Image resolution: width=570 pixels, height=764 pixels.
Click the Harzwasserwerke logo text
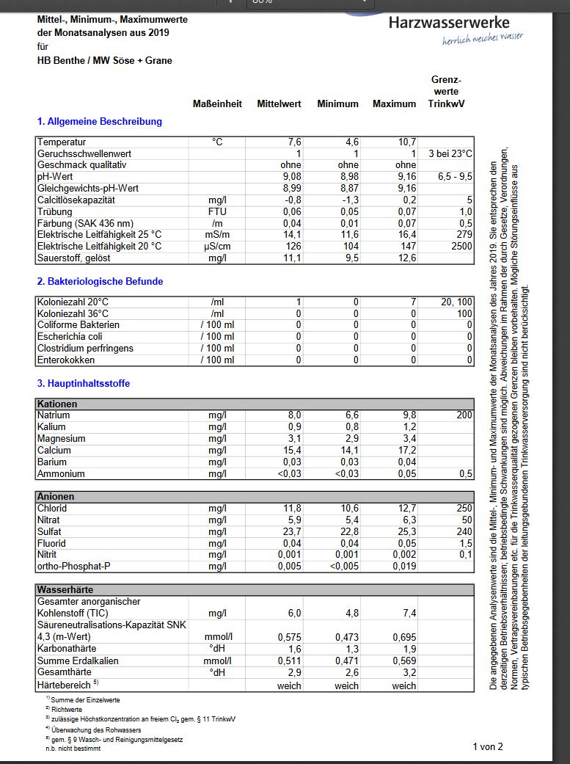point(458,23)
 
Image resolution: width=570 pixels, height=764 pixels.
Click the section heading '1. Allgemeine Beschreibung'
point(99,121)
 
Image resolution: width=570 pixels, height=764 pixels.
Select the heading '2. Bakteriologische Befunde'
point(100,281)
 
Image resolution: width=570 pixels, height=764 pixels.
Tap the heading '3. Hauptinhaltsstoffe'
point(84,383)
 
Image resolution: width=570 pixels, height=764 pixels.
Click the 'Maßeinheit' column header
point(217,103)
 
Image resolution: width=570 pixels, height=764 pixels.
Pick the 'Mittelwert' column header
point(279,103)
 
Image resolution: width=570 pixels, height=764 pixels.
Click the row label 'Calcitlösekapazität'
point(77,200)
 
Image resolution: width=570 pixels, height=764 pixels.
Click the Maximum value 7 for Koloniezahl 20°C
point(413,302)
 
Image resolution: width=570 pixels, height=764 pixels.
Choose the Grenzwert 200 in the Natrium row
point(464,415)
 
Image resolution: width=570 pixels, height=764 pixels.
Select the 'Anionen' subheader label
point(56,497)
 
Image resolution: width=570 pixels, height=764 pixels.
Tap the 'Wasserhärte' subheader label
point(65,589)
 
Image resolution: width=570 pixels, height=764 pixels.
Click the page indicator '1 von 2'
point(488,746)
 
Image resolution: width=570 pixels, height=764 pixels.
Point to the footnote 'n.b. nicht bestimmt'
point(73,749)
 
